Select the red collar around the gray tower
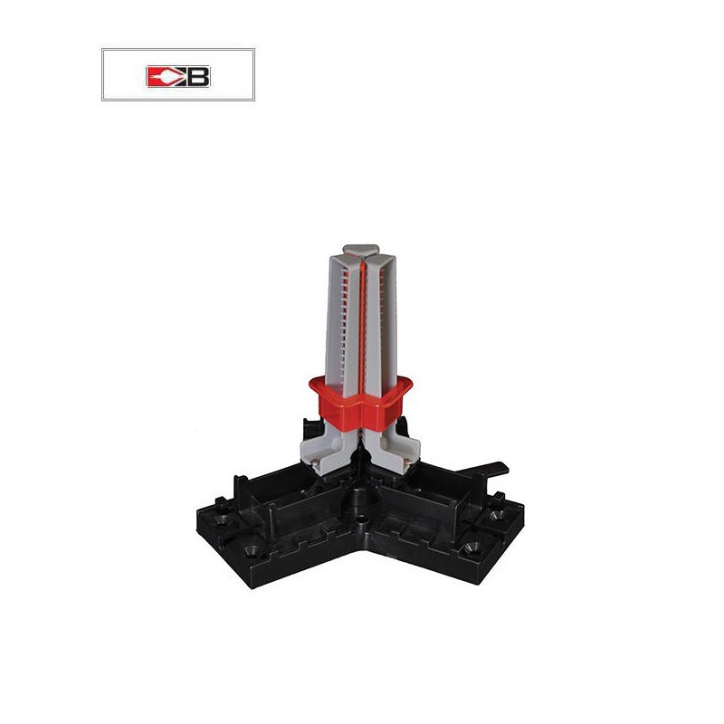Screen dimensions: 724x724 pyautogui.click(x=360, y=402)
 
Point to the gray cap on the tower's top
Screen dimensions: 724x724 pyautogui.click(x=360, y=250)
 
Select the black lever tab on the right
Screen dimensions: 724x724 pyautogui.click(x=490, y=468)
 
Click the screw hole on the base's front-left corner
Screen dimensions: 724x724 pyautogui.click(x=252, y=549)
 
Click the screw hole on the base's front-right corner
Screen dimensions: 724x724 pyautogui.click(x=471, y=548)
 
